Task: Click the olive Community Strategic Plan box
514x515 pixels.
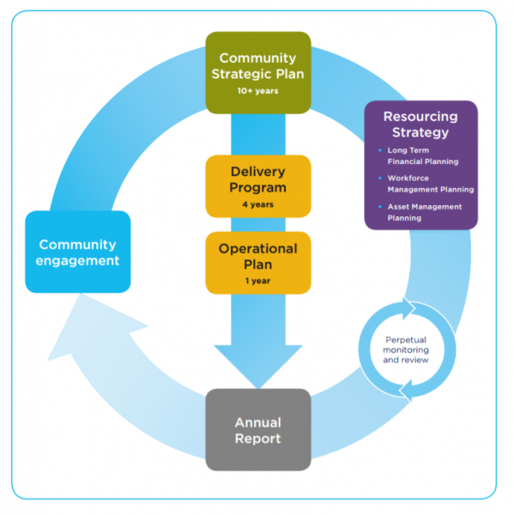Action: click(x=258, y=73)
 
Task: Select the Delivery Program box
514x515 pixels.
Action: click(x=258, y=186)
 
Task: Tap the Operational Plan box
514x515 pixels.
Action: click(x=258, y=263)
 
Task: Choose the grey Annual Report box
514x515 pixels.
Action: click(x=258, y=430)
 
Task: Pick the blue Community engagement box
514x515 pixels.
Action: click(x=78, y=251)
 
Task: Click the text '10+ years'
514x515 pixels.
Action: click(x=257, y=91)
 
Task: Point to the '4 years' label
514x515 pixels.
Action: click(x=257, y=204)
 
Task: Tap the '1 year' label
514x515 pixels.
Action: click(x=257, y=281)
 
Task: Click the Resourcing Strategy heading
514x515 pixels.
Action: click(x=420, y=124)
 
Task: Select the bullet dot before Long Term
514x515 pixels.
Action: click(x=380, y=150)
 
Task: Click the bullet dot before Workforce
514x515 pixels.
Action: click(x=380, y=178)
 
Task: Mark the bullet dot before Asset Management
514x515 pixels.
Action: click(x=380, y=207)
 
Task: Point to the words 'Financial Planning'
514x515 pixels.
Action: click(x=423, y=161)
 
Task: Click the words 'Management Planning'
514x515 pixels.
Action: click(x=431, y=190)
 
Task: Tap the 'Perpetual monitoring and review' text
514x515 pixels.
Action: click(x=406, y=350)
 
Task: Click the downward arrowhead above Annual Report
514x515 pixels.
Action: click(x=258, y=367)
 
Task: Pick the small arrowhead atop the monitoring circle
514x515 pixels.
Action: click(x=408, y=308)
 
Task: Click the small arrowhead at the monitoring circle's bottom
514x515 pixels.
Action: click(x=406, y=391)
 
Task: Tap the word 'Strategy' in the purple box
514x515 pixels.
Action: click(x=420, y=132)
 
